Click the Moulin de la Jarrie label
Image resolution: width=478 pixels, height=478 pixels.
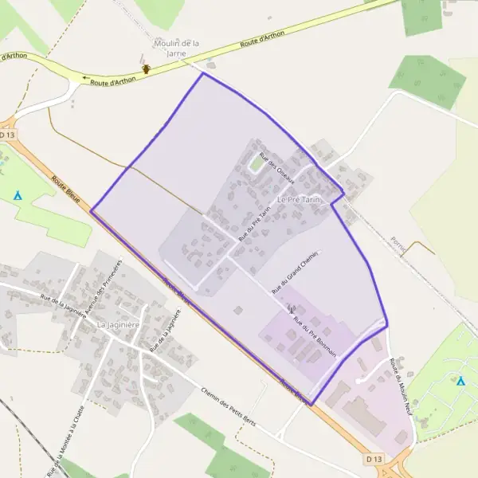tap(176, 48)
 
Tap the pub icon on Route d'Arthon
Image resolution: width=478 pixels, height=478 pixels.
tap(147, 69)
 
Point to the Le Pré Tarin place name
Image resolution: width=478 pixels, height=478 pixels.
tap(299, 199)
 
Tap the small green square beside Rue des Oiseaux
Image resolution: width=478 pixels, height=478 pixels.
tap(256, 164)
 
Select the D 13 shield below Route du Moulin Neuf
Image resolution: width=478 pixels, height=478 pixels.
tap(374, 460)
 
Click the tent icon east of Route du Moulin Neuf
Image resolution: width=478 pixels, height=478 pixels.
tap(460, 381)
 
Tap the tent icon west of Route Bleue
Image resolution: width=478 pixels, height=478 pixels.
tap(18, 194)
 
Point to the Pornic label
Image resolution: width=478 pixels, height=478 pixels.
tap(398, 245)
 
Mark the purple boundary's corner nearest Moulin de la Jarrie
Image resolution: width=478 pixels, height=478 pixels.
tap(202, 74)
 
